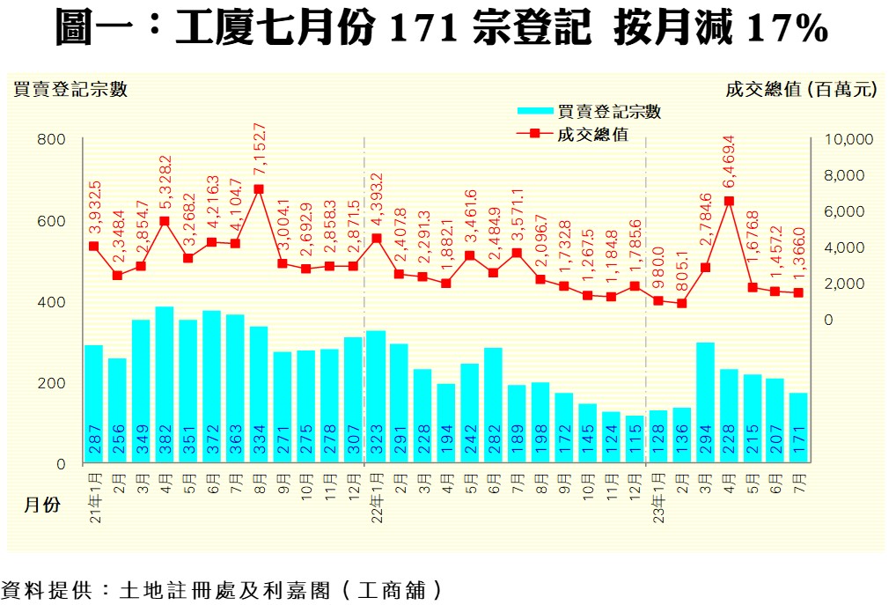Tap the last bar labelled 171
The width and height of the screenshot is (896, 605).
[798, 427]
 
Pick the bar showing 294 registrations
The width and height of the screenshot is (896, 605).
[705, 402]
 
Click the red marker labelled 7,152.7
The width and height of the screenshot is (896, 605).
[259, 189]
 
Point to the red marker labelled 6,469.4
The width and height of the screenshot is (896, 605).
[729, 201]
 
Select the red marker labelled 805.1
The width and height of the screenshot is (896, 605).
[681, 304]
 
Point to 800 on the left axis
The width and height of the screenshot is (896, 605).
[51, 139]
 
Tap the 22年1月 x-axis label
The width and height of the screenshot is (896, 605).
[376, 499]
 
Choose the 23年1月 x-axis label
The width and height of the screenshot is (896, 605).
[658, 499]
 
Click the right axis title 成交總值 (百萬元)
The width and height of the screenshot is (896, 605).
[802, 89]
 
